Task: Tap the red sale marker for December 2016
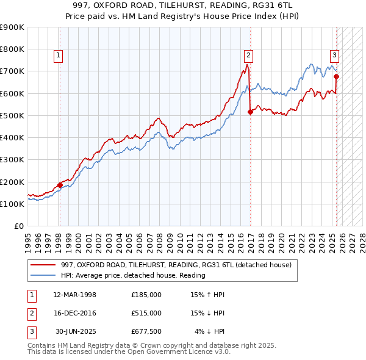[x=250, y=112]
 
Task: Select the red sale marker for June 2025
[x=337, y=76]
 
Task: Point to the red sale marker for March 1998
[x=60, y=185]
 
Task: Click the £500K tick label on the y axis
[x=12, y=115]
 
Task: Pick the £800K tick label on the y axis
[x=12, y=49]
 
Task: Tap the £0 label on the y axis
[x=18, y=226]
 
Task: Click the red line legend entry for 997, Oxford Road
[x=177, y=265]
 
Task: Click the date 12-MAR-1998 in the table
[x=75, y=295]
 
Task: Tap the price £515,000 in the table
[x=146, y=313]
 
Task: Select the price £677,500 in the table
[x=146, y=331]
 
